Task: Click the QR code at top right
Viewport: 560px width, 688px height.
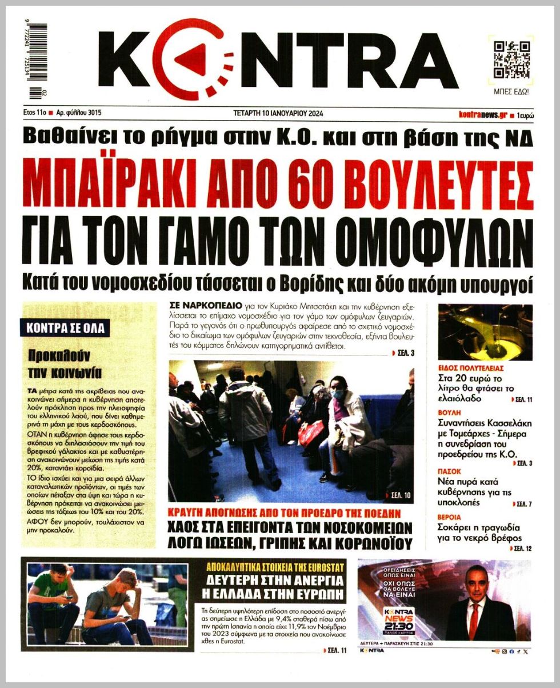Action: (511, 59)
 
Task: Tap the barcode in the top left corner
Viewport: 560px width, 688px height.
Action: (37, 59)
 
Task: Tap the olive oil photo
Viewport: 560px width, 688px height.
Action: (485, 332)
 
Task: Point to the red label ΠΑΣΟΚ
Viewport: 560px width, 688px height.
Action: (450, 471)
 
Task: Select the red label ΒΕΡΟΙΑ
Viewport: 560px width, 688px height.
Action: (451, 517)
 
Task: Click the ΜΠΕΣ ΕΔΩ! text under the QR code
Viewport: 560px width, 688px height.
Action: (511, 91)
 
